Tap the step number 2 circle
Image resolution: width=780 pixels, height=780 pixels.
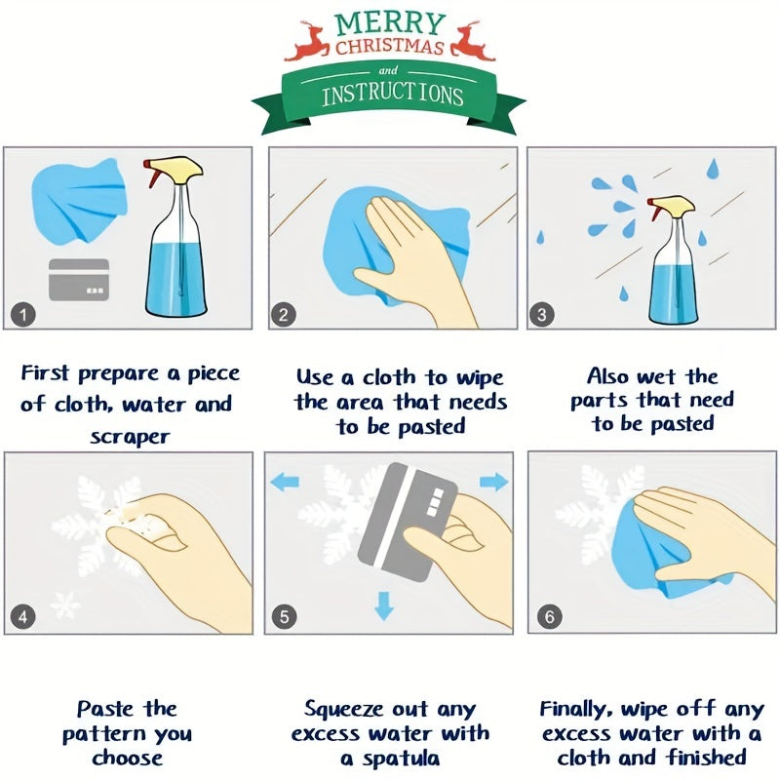[284, 314]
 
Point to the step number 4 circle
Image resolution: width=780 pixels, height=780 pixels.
[23, 616]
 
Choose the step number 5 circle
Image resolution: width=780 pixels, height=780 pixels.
[284, 616]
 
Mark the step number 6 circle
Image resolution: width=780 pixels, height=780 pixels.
[548, 616]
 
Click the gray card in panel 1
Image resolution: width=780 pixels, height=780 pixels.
[79, 280]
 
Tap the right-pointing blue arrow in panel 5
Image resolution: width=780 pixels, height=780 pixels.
[494, 481]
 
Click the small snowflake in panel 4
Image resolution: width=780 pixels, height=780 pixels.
[65, 605]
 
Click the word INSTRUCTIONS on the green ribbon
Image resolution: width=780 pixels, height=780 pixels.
[392, 95]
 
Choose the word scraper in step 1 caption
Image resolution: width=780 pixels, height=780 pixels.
[130, 436]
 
